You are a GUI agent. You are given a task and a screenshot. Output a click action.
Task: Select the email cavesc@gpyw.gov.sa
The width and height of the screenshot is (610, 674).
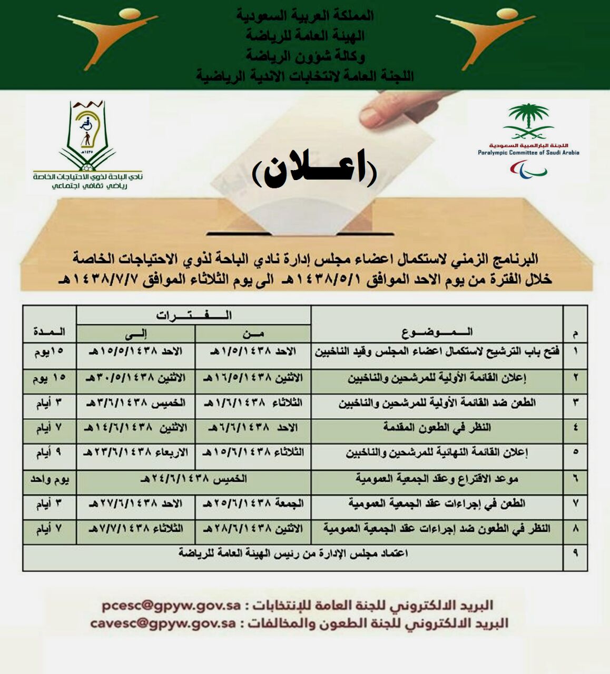click(x=163, y=623)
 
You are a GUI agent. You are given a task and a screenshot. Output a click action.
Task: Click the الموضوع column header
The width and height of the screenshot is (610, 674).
click(x=437, y=332)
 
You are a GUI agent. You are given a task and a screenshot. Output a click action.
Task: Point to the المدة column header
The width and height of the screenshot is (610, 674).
click(x=50, y=332)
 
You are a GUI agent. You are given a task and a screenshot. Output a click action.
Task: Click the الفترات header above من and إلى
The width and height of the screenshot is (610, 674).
click(x=194, y=315)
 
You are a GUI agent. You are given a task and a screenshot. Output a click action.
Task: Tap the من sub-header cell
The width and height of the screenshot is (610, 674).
click(x=253, y=333)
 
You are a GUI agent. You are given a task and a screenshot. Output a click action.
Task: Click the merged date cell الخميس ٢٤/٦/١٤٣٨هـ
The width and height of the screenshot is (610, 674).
click(x=194, y=479)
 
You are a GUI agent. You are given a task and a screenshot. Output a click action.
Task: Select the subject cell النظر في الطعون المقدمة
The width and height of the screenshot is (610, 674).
click(x=437, y=428)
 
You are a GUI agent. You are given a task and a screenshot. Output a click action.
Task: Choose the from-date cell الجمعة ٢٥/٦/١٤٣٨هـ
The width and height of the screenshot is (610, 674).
click(x=253, y=504)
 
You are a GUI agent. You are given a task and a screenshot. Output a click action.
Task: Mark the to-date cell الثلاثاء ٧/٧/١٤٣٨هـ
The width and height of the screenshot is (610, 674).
click(x=136, y=529)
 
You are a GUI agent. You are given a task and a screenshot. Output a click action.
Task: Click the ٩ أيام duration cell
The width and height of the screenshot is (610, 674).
click(x=50, y=453)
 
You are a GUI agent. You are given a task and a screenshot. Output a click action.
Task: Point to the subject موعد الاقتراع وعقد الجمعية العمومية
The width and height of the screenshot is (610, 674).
click(x=437, y=479)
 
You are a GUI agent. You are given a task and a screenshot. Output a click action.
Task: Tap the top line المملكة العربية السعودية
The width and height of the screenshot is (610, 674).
click(x=304, y=15)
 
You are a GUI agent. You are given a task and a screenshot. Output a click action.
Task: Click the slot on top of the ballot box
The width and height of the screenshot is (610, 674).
click(x=300, y=233)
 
